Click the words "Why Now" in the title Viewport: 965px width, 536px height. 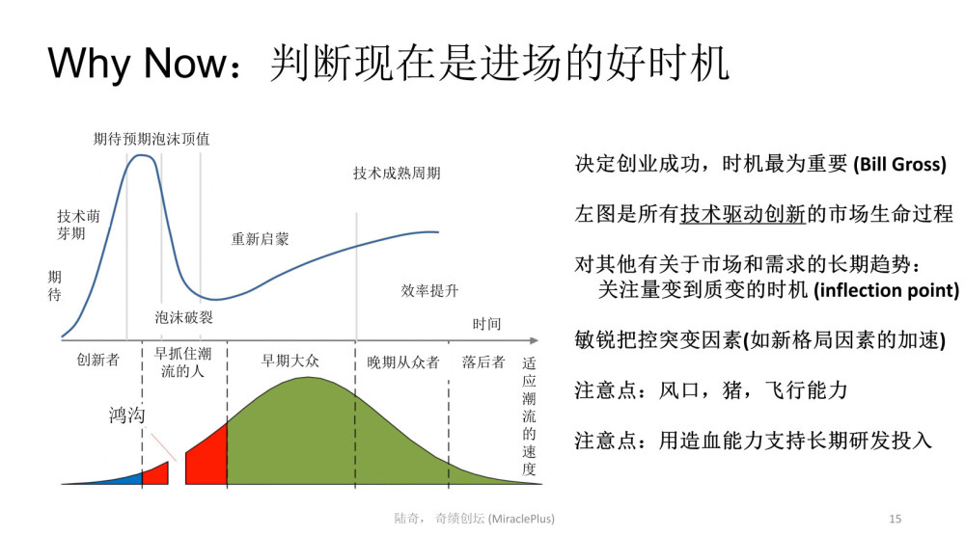138,64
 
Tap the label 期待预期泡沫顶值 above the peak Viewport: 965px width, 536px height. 152,139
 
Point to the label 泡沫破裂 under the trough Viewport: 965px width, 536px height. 183,317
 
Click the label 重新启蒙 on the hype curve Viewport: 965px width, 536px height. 260,239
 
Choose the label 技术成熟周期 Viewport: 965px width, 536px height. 397,174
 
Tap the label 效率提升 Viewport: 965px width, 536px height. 429,291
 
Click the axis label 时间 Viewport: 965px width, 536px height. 486,324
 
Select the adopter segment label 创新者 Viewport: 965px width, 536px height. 97,360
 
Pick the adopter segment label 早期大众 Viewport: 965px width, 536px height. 289,361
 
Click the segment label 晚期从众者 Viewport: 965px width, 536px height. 403,362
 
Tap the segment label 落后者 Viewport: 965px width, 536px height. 483,362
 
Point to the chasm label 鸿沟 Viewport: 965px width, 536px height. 126,415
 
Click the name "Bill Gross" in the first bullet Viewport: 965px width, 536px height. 899,164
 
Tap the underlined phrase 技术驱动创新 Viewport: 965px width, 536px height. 743,214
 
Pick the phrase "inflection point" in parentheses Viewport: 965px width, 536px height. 887,289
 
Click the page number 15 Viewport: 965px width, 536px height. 896,519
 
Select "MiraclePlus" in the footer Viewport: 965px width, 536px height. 521,519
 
